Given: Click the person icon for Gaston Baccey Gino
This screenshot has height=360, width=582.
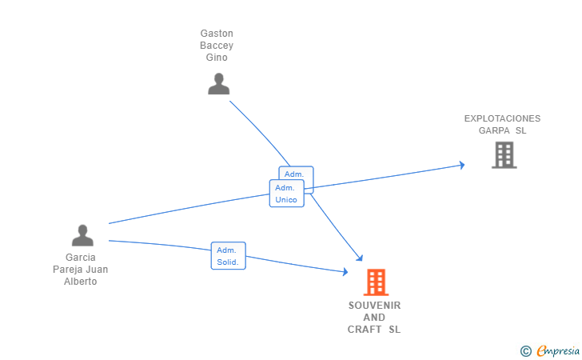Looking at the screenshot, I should (x=218, y=83).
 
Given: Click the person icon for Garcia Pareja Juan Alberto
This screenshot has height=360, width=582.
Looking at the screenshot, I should (x=82, y=235).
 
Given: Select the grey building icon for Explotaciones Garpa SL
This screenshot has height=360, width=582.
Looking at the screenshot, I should (x=504, y=154).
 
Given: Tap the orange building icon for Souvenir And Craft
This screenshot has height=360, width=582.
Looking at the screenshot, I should (x=375, y=282).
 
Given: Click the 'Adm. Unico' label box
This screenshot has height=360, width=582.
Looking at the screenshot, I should (x=286, y=194).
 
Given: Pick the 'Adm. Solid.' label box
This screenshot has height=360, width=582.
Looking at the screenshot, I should (x=228, y=256).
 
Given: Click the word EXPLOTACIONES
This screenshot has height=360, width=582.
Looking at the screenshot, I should (x=502, y=118).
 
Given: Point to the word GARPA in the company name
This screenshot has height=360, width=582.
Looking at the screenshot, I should (x=494, y=130).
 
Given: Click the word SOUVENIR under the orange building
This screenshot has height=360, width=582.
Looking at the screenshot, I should (x=374, y=306).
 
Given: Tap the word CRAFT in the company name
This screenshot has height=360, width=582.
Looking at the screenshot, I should (x=365, y=330).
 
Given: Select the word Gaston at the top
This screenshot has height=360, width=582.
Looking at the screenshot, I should (x=217, y=34).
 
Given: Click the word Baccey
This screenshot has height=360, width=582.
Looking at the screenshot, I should (x=217, y=46).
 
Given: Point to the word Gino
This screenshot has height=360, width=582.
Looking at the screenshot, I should (x=217, y=58).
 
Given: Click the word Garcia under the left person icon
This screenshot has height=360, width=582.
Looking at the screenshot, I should (x=81, y=258).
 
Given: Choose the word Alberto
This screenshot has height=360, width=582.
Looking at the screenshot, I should (x=81, y=282).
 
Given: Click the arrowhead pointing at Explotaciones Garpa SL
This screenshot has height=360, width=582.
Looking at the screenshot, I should (x=461, y=166).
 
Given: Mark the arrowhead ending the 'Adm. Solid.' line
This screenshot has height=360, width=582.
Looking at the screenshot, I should (x=345, y=272).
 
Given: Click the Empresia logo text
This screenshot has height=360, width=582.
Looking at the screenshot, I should (x=558, y=350).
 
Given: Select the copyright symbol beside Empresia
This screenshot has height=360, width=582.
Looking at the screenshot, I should (x=525, y=350).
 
